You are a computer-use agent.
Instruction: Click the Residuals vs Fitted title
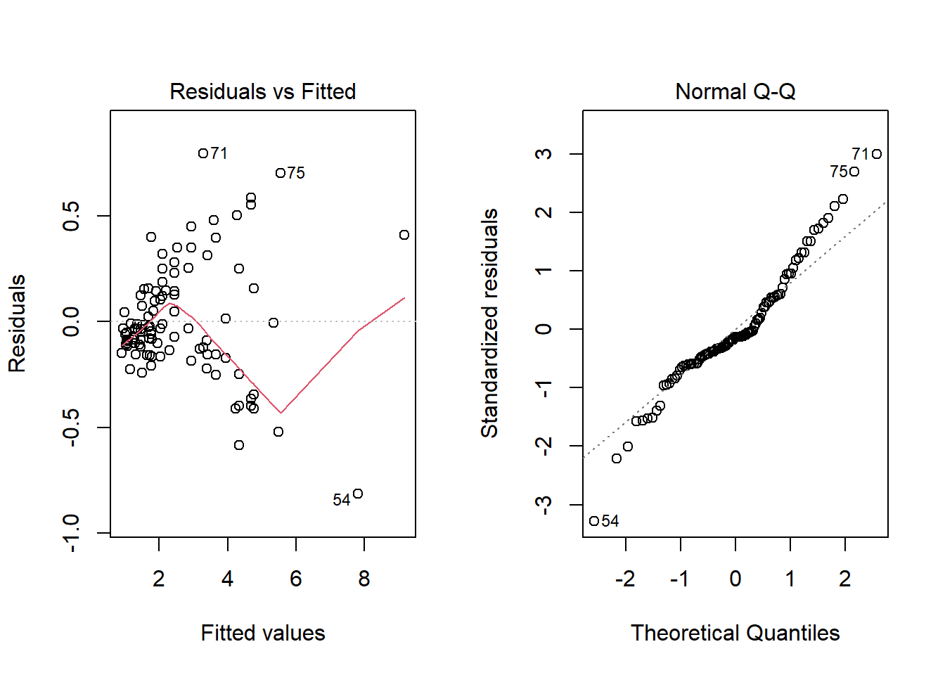(x=262, y=91)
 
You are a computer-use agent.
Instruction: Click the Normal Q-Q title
(x=735, y=91)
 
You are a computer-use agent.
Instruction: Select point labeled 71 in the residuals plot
(x=203, y=153)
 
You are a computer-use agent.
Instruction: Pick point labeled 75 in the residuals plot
(x=281, y=173)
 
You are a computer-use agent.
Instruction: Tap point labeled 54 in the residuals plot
(x=358, y=494)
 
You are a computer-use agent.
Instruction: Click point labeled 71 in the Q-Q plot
(x=877, y=154)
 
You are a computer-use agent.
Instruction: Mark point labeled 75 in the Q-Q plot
(x=854, y=172)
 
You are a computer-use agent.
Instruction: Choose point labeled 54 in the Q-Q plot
(x=594, y=521)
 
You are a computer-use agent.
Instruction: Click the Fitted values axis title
(x=262, y=633)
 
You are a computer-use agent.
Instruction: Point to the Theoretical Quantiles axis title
(x=735, y=633)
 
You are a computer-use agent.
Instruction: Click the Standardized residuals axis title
(x=489, y=323)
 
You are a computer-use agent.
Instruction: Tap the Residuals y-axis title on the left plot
(x=17, y=323)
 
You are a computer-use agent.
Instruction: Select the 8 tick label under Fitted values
(x=364, y=579)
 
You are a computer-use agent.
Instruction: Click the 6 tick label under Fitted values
(x=296, y=579)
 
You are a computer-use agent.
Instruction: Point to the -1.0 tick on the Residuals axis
(x=71, y=533)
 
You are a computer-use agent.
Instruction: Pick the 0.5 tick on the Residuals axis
(x=71, y=216)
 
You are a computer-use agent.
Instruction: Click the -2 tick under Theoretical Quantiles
(x=625, y=579)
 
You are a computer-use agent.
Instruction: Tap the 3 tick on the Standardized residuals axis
(x=544, y=154)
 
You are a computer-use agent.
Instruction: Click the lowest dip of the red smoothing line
(x=281, y=413)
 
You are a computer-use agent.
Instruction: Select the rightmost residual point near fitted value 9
(x=404, y=235)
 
